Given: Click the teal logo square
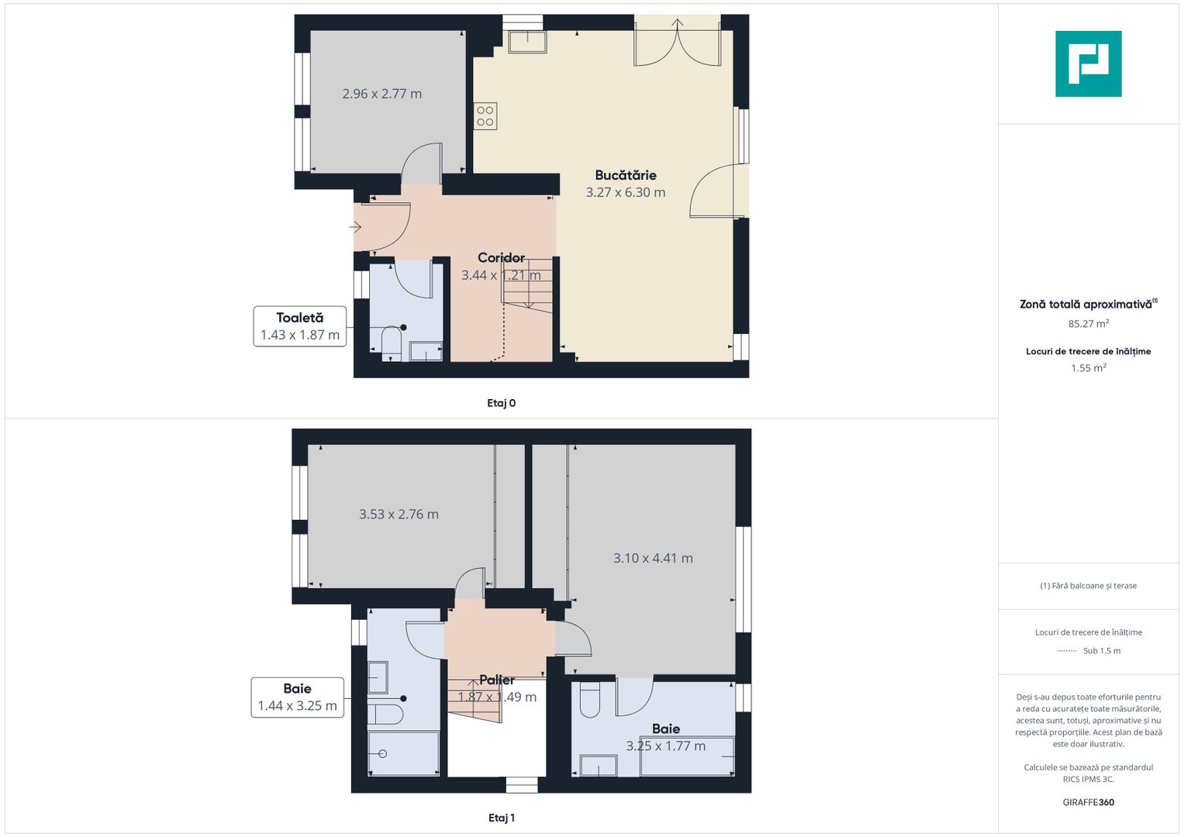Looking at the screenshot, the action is tap(1089, 64).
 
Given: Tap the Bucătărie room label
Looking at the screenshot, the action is tap(625, 175).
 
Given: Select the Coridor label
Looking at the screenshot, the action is tap(501, 258).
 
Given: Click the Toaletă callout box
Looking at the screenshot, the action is tap(300, 326).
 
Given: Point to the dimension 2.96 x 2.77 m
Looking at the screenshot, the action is tap(382, 94).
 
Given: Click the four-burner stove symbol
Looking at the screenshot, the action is tap(485, 116).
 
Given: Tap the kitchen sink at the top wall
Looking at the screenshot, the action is tap(527, 42).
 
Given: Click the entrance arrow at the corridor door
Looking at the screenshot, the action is tap(355, 227).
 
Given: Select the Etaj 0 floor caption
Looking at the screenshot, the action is tap(501, 403).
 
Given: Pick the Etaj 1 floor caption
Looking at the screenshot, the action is tap(501, 818).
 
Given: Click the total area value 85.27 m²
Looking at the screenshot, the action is tap(1089, 323).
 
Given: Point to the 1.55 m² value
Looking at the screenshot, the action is tap(1089, 368).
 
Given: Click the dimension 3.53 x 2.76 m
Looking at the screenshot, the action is tap(399, 514).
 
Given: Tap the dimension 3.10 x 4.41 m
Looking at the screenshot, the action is tap(653, 558).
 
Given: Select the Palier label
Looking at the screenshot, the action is tap(497, 680).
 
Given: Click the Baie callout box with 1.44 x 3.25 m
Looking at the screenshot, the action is tap(298, 697).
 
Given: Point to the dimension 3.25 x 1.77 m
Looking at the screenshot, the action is tap(665, 746).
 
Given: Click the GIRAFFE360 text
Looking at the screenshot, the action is tap(1089, 802).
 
